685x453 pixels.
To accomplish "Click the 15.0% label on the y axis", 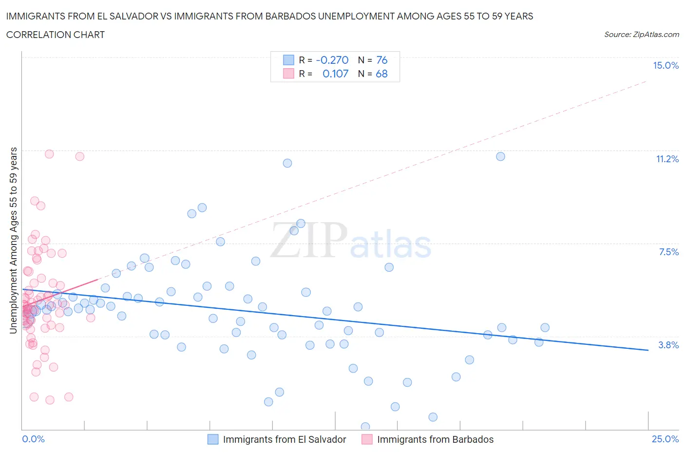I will [x=666, y=65].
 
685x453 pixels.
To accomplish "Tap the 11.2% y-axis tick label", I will [x=667, y=159].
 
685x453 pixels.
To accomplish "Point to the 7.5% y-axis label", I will [x=668, y=252].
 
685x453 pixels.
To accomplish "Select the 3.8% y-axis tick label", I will [x=668, y=345].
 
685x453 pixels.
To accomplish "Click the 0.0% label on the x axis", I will [x=33, y=439].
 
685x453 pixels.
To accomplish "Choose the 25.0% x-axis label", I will [x=665, y=439].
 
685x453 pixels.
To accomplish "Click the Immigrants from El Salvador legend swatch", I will [x=213, y=439].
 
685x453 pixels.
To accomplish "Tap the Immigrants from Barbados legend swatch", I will [x=367, y=439].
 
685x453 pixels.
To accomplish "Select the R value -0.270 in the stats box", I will [x=332, y=60].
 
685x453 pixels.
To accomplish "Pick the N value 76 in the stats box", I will [x=381, y=60].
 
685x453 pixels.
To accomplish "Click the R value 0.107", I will [x=335, y=74].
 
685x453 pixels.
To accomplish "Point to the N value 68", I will [x=381, y=74].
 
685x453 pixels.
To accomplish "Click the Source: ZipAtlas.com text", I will [x=641, y=34].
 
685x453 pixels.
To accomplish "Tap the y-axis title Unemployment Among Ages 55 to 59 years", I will [x=13, y=240].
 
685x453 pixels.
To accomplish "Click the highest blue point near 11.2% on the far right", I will [x=500, y=156].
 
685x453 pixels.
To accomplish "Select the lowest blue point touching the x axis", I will [x=365, y=427].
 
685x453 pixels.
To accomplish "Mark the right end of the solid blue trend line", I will [x=648, y=350].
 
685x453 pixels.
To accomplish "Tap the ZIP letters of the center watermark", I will [x=309, y=240].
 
